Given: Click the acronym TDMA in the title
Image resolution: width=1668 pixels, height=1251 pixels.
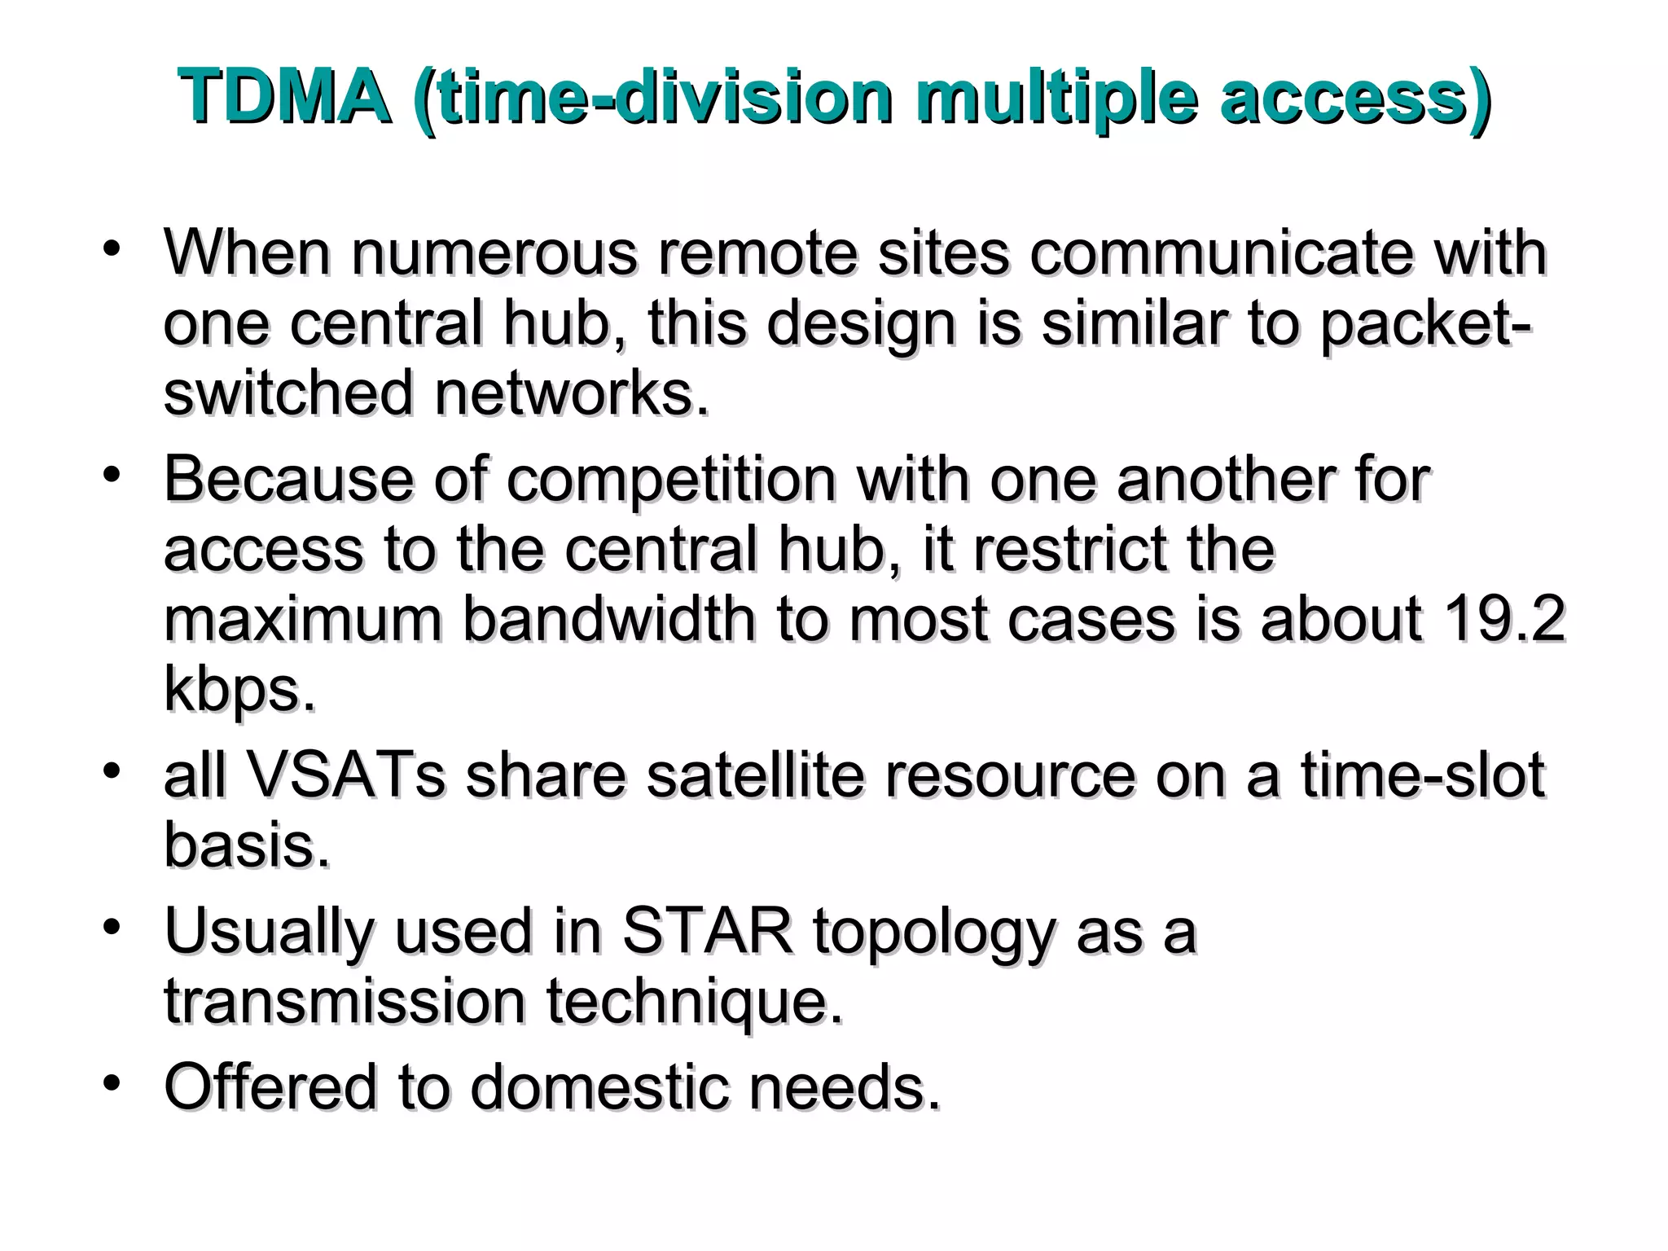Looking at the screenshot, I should [284, 98].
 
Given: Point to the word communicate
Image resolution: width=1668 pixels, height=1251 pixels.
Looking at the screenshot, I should [1221, 252].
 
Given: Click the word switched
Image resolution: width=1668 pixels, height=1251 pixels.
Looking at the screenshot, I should [288, 393].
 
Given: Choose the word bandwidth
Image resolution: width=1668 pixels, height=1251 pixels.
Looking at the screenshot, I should [609, 619].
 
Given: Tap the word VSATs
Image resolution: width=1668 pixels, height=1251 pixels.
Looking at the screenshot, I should [345, 775].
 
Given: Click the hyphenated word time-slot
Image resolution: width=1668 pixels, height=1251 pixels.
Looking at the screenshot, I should [1421, 775].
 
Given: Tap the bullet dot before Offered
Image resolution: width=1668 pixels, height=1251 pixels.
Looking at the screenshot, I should [112, 1084].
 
